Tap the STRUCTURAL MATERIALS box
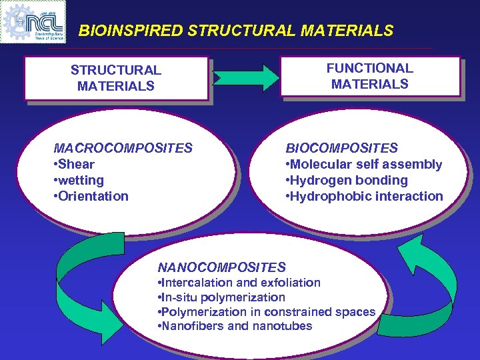pos(116,78)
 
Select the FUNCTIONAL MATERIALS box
pos(370,76)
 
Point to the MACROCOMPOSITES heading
pos(123,148)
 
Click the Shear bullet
pos(75,164)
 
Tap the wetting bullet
pos(79,180)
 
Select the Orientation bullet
pos(92,196)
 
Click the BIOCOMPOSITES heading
pos(342,148)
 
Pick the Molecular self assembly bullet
pos(365,164)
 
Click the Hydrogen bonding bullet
pos(347,180)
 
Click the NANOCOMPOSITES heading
pos(222,267)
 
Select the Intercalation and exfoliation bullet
pos(239,283)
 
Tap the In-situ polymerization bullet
pos(221,297)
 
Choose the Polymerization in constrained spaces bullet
pos(267,312)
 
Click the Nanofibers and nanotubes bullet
pos(235,326)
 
